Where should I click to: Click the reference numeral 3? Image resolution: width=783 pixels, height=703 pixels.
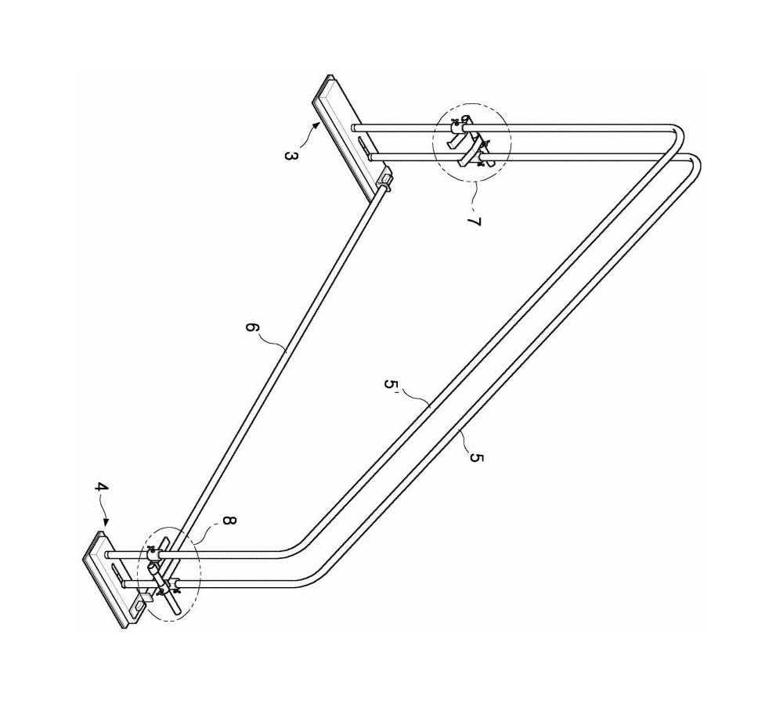coord(290,156)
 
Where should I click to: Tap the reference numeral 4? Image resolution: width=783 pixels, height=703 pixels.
coord(101,487)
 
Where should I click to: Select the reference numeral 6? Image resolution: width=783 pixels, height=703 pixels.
coord(252,328)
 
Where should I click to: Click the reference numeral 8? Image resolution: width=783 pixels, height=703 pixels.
coord(228,521)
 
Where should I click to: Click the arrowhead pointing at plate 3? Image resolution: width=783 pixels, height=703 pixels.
coord(316,128)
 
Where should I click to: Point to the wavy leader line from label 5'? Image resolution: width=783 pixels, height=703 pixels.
coord(415,396)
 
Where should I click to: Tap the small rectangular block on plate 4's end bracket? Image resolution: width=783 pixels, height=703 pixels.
coord(146,596)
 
